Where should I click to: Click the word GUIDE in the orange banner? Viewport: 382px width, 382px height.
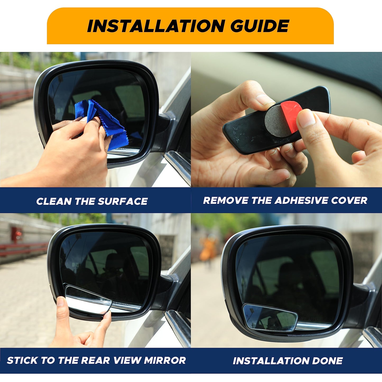click(x=259, y=26)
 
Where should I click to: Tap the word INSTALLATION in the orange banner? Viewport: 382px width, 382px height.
click(x=156, y=26)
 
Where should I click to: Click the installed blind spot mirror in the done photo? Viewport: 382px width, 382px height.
click(x=270, y=317)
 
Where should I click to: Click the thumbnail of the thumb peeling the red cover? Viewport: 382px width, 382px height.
click(x=306, y=120)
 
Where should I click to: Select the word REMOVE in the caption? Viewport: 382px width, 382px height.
click(x=226, y=200)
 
